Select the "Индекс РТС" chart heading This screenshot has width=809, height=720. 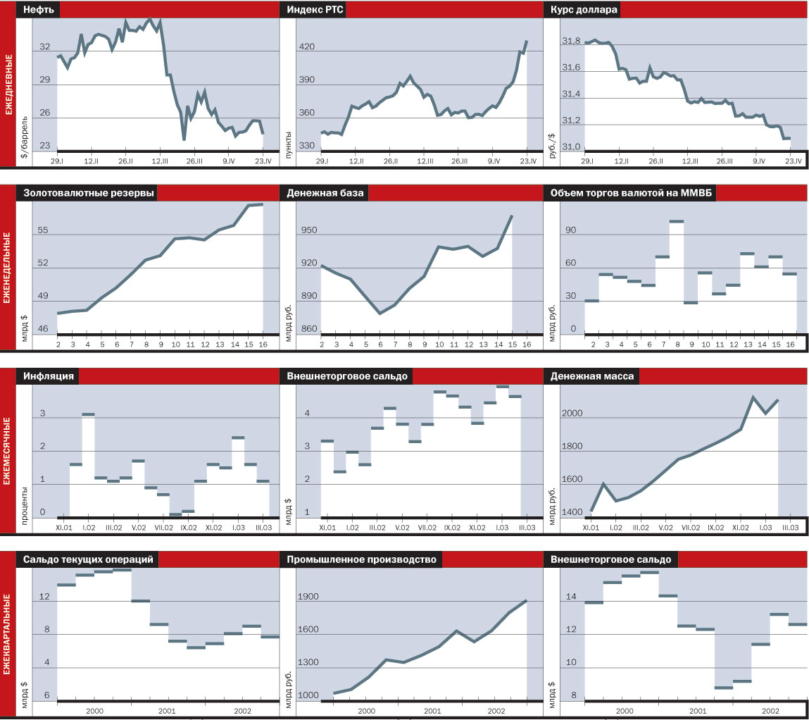tap(315, 10)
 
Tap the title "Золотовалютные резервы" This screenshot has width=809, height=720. tap(89, 194)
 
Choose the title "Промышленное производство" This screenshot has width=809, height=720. tap(361, 559)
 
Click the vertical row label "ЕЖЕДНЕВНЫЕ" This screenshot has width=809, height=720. tap(8, 84)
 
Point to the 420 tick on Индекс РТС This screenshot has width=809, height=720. tap(308, 47)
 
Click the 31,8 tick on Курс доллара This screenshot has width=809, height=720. tap(571, 42)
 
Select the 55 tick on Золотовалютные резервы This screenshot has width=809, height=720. tap(43, 230)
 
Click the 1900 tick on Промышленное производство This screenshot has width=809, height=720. tap(311, 597)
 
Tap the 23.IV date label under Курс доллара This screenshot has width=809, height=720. tap(793, 161)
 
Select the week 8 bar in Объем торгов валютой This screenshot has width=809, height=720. tap(676, 221)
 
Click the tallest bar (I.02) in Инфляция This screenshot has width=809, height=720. tap(88, 414)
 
